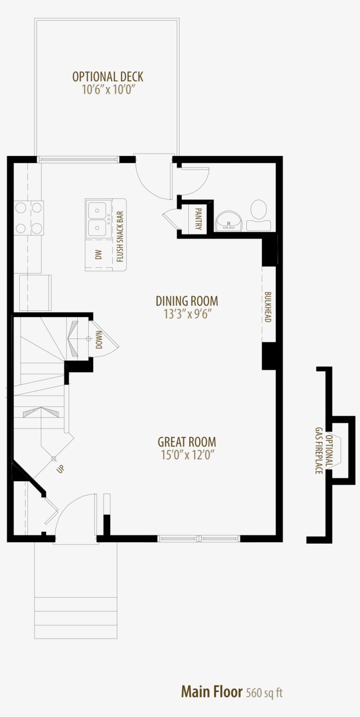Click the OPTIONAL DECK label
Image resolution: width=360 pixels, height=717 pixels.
[x=108, y=77]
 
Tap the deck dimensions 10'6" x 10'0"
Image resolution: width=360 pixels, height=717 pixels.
[x=108, y=90]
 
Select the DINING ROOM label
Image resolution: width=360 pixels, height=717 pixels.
[x=187, y=301]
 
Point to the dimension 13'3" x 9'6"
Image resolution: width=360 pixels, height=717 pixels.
[x=187, y=314]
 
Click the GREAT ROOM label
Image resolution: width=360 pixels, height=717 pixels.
[x=187, y=442]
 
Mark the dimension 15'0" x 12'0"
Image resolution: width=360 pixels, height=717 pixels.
[x=187, y=455]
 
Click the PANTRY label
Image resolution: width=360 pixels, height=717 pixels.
[x=198, y=219]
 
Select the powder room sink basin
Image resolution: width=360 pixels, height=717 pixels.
[x=228, y=220]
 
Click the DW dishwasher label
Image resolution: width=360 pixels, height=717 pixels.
[x=98, y=255]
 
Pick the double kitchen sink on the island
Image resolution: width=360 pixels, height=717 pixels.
[x=98, y=219]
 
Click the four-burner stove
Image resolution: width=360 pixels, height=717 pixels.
[x=29, y=218]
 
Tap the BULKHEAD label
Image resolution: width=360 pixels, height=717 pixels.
[x=268, y=307]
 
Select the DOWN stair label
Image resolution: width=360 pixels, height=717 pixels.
[x=99, y=339]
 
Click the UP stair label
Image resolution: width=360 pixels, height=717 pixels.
[x=60, y=469]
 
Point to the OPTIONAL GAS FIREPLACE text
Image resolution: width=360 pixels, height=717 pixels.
[x=324, y=450]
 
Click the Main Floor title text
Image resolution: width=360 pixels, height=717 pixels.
[x=212, y=692]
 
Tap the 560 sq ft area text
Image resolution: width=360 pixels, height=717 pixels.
[x=264, y=693]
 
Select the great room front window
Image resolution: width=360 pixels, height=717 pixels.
[x=198, y=538]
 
